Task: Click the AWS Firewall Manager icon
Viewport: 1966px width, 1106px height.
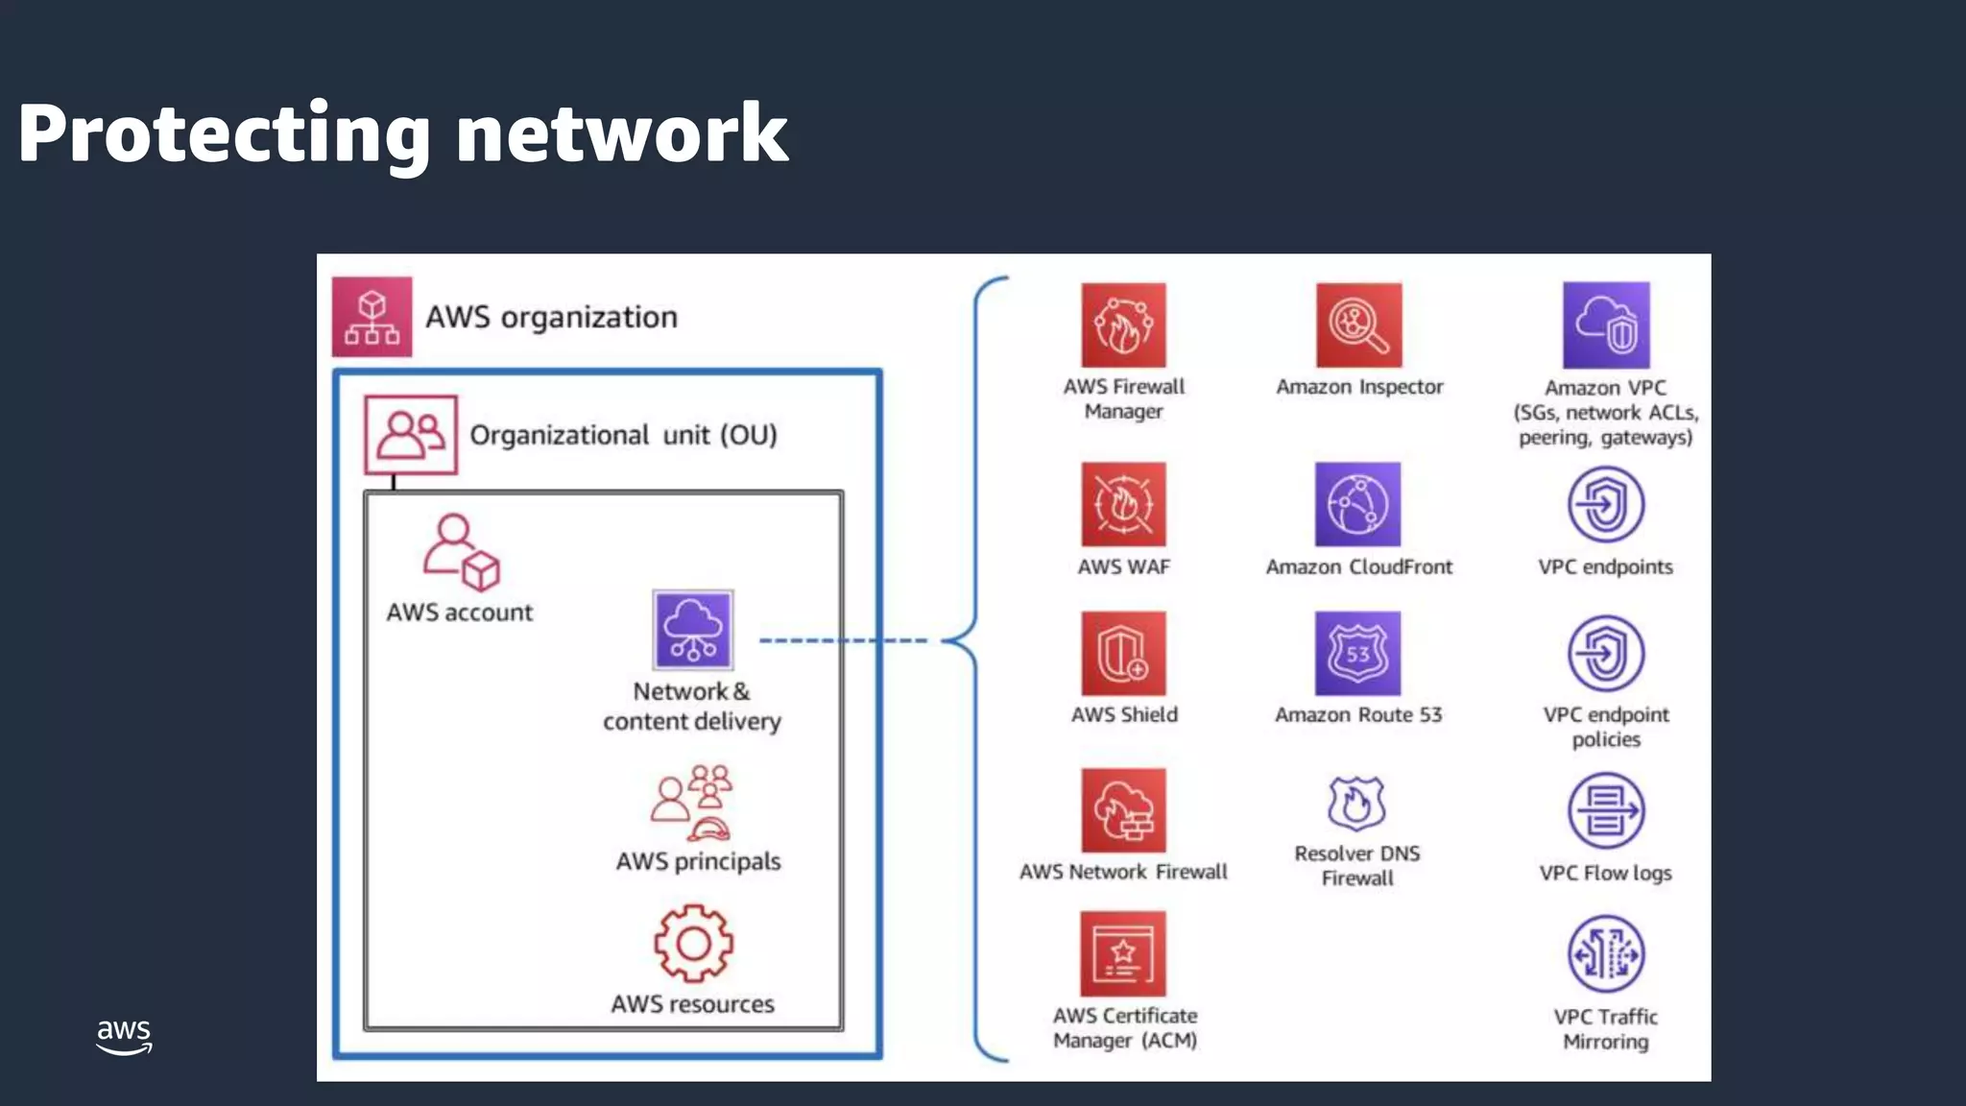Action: [1123, 325]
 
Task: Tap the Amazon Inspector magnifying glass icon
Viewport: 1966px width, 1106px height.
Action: [1358, 325]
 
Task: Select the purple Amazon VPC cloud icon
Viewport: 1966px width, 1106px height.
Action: [1606, 325]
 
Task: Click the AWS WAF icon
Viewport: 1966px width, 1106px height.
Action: [1123, 504]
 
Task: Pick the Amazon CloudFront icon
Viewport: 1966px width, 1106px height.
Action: [1357, 504]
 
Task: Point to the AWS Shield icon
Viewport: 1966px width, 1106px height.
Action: [1123, 654]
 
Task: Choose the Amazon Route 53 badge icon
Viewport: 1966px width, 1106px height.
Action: [1357, 654]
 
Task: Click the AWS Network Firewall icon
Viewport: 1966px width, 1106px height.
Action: [1123, 810]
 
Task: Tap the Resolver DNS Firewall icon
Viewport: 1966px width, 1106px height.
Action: [1356, 803]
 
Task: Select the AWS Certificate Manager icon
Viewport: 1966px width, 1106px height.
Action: [1123, 954]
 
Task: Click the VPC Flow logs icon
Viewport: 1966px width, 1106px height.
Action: [1606, 811]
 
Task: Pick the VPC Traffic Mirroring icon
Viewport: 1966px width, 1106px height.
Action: [1606, 954]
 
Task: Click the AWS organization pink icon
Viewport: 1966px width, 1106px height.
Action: [372, 317]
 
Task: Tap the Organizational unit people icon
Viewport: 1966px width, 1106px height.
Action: [411, 435]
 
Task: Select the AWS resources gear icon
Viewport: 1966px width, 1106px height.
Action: [693, 944]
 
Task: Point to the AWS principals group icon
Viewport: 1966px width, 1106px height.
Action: [692, 803]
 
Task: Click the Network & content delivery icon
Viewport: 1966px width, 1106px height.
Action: [693, 630]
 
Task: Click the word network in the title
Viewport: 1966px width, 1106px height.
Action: [621, 133]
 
